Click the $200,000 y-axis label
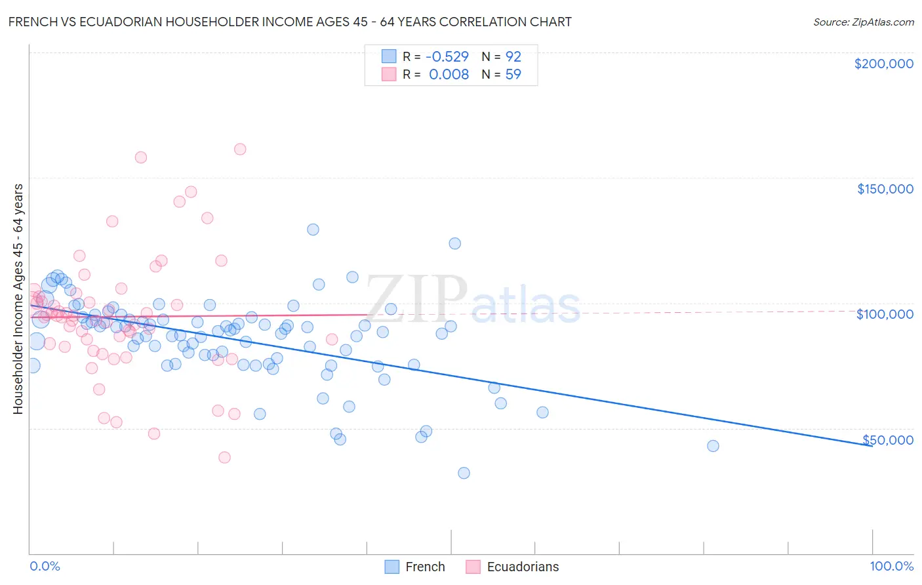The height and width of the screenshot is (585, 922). point(883,64)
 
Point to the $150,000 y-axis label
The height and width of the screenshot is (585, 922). point(885,189)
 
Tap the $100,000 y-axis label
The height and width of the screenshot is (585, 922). point(885,314)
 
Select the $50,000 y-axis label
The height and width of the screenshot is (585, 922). point(887,439)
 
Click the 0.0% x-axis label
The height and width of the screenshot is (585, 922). point(45,566)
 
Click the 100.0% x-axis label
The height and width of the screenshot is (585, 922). point(891,566)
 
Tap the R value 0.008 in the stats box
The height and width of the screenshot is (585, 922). point(449,74)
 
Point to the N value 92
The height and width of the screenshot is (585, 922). point(513,56)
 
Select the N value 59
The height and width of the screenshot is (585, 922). point(513,74)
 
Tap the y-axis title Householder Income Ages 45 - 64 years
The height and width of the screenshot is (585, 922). point(18,299)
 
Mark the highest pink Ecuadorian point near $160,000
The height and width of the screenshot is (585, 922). point(240,150)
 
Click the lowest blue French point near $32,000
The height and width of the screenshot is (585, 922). point(464,473)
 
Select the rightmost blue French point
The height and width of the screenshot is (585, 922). point(713,446)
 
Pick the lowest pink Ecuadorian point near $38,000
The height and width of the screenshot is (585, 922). point(224,458)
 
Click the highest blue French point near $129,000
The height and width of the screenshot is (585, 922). point(313,230)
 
